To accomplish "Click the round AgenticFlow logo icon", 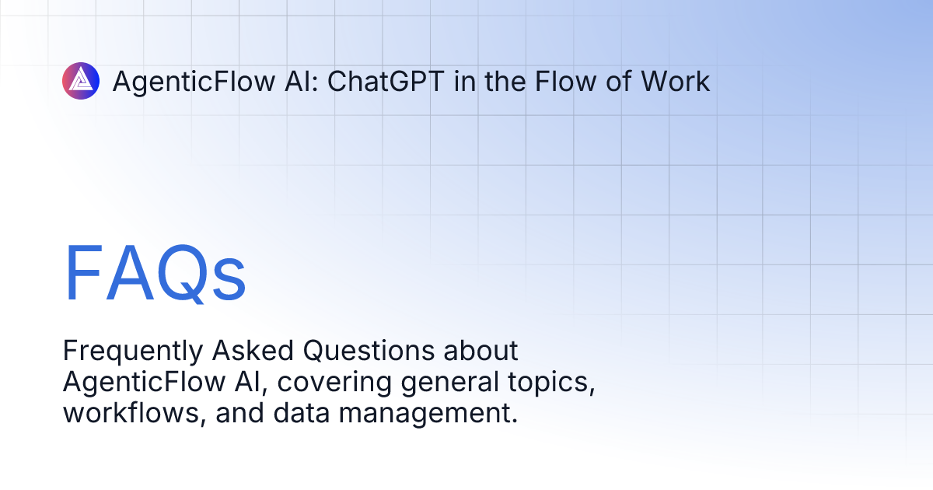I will (81, 81).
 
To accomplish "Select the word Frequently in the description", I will (131, 352).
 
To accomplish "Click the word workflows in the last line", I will (133, 413).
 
